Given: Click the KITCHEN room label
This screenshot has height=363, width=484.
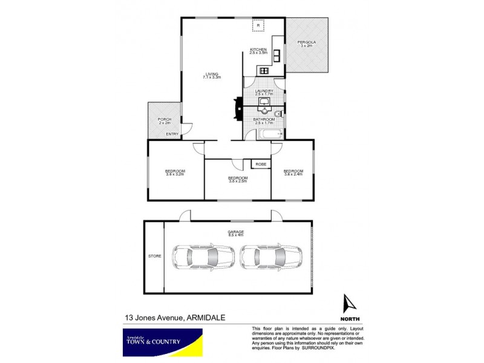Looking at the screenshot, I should click(258, 49).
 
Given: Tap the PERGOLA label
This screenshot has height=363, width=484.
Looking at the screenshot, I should click(307, 42).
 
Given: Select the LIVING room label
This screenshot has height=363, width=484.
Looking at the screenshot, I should click(212, 74).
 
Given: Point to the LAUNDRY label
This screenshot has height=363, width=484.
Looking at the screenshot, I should click(264, 91).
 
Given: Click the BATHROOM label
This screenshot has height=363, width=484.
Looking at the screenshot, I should click(264, 119).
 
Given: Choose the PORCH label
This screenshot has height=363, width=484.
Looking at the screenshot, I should click(165, 119).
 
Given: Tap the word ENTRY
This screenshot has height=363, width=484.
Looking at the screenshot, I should click(172, 134).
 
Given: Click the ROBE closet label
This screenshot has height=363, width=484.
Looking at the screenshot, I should click(261, 164).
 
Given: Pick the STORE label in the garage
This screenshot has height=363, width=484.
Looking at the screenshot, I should click(154, 257).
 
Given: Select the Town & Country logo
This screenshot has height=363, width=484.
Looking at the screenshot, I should click(160, 341).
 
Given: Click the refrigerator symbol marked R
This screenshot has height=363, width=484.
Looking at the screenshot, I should click(259, 26).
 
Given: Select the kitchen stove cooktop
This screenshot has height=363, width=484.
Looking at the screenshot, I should click(264, 70).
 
